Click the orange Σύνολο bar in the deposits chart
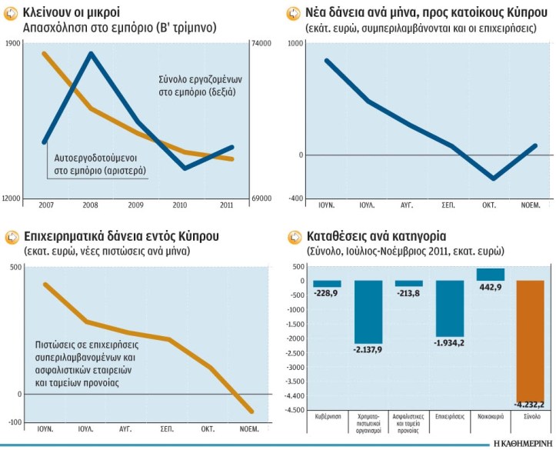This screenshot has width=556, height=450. click(530, 339)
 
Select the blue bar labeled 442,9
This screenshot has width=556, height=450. click(490, 275)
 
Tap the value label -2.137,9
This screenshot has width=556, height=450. click(368, 349)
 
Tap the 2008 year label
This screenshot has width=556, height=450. click(91, 205)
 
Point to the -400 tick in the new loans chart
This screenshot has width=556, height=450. click(295, 198)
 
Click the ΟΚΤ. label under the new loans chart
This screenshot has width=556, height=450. click(489, 205)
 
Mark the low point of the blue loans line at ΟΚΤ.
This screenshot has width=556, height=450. click(491, 178)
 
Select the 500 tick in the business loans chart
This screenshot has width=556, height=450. click(15, 267)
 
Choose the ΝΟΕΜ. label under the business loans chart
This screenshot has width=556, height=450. click(249, 428)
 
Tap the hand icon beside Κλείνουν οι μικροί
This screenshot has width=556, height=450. click(12, 12)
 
